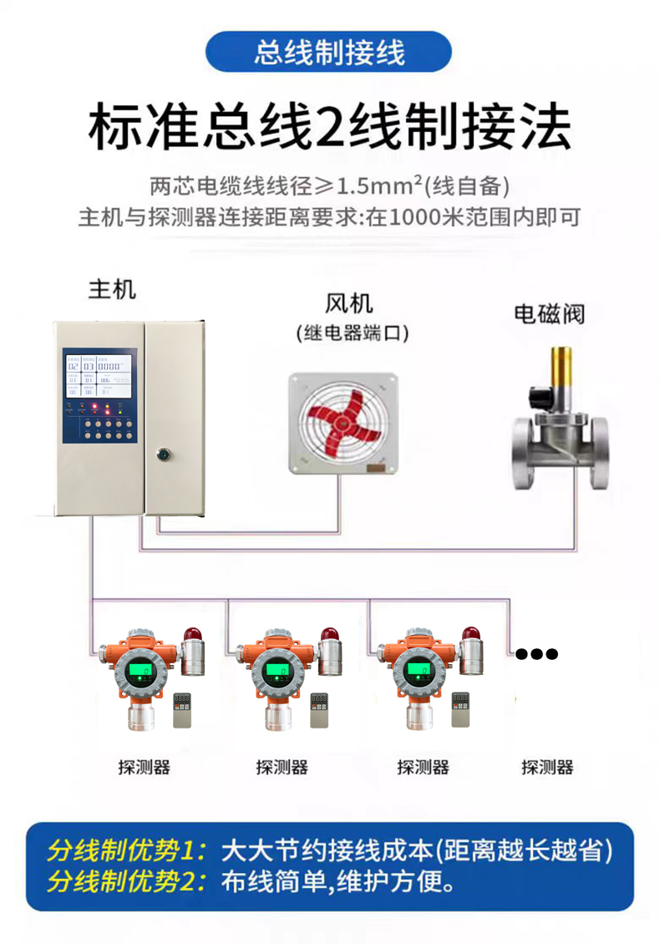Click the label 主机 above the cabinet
click(x=112, y=290)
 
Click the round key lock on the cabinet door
click(x=163, y=455)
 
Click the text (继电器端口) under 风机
click(x=352, y=334)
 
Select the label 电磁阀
click(x=548, y=314)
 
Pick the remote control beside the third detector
click(x=463, y=710)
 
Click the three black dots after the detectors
click(x=536, y=653)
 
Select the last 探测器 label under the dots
click(x=547, y=767)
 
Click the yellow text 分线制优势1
click(x=125, y=852)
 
